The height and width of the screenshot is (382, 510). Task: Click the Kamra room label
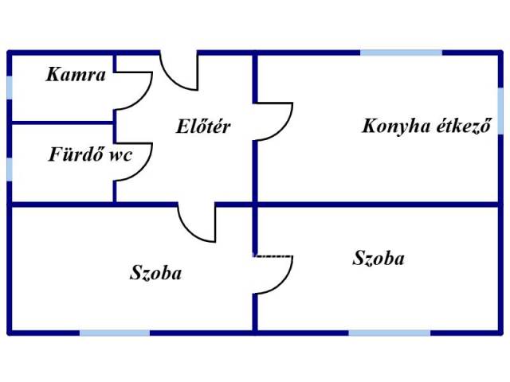point(76,74)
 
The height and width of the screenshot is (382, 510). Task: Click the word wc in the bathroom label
point(120,156)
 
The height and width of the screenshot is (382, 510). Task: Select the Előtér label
point(203,126)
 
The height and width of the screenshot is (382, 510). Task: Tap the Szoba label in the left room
point(156,272)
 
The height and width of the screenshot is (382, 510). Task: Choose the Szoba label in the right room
point(379,258)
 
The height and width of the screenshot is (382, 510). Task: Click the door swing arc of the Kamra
point(147,96)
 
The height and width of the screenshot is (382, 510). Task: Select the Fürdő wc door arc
point(147,168)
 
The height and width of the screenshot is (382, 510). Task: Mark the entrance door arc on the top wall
point(169,77)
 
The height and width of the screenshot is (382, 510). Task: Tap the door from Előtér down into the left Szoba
point(187,229)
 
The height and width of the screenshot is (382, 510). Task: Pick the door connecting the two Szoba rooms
point(286,281)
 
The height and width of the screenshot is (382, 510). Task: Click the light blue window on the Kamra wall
point(10,88)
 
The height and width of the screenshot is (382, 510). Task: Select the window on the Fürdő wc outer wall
point(10,170)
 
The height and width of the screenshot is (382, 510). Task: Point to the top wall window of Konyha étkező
point(402,53)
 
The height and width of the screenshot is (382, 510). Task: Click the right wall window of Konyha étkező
point(500,111)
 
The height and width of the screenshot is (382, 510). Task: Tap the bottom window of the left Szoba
point(115,333)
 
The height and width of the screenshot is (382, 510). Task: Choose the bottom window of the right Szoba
point(390,333)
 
